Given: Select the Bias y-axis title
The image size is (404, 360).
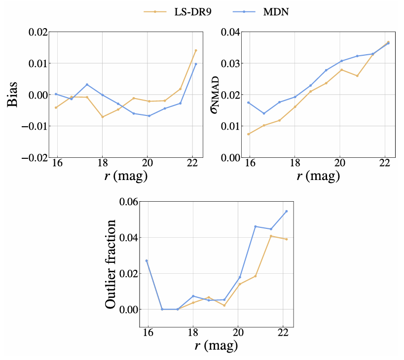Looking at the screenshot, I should (14, 95).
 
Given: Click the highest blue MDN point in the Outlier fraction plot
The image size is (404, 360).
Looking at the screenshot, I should (286, 211).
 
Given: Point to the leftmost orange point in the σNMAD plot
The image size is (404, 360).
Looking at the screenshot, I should (248, 134).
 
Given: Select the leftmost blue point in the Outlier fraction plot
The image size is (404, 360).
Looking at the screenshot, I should (147, 260).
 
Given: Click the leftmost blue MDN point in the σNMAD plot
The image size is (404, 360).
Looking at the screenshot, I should (248, 103).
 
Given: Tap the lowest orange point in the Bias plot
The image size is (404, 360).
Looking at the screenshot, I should (102, 117).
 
